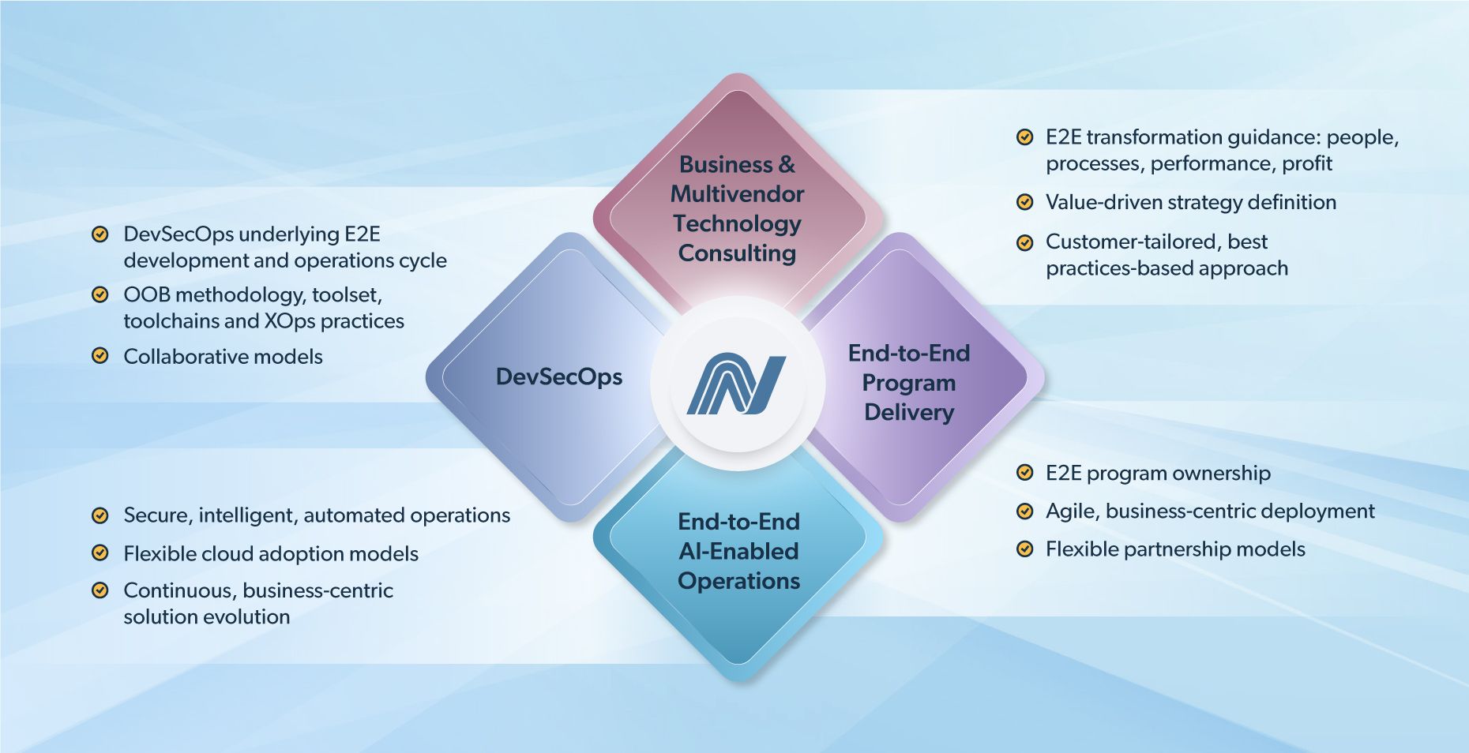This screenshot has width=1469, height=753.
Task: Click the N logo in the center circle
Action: click(x=736, y=384)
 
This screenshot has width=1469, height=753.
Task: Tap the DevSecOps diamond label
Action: click(x=558, y=377)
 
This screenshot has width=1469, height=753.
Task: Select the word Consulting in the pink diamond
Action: click(x=737, y=253)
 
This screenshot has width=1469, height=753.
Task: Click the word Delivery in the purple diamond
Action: click(x=909, y=412)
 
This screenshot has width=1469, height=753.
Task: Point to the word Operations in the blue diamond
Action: click(x=738, y=581)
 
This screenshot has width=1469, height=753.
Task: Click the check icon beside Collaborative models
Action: click(x=100, y=355)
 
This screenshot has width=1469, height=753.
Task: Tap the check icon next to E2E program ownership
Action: click(x=1024, y=473)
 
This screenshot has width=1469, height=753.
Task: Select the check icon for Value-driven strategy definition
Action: click(x=1024, y=202)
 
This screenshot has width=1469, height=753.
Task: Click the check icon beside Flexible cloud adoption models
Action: click(x=100, y=553)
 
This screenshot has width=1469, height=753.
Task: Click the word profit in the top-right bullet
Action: click(x=1307, y=163)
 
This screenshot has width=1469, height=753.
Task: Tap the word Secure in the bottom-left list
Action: click(x=157, y=515)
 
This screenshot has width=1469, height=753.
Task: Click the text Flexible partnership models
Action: click(x=1174, y=549)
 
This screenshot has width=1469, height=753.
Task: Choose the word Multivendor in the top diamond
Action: click(x=737, y=194)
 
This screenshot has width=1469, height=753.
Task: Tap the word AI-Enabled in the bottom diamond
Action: click(x=738, y=551)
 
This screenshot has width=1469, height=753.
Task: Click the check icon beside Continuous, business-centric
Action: click(x=100, y=590)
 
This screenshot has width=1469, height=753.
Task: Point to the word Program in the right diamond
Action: click(x=908, y=383)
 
